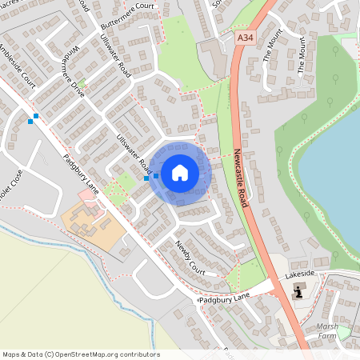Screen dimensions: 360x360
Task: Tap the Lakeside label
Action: (x=302, y=274)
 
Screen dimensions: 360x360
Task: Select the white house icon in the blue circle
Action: (x=180, y=172)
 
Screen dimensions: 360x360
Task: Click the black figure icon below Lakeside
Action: (x=299, y=291)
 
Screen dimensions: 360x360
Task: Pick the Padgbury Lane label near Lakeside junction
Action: (x=225, y=298)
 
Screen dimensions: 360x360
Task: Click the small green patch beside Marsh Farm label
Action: (x=345, y=334)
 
